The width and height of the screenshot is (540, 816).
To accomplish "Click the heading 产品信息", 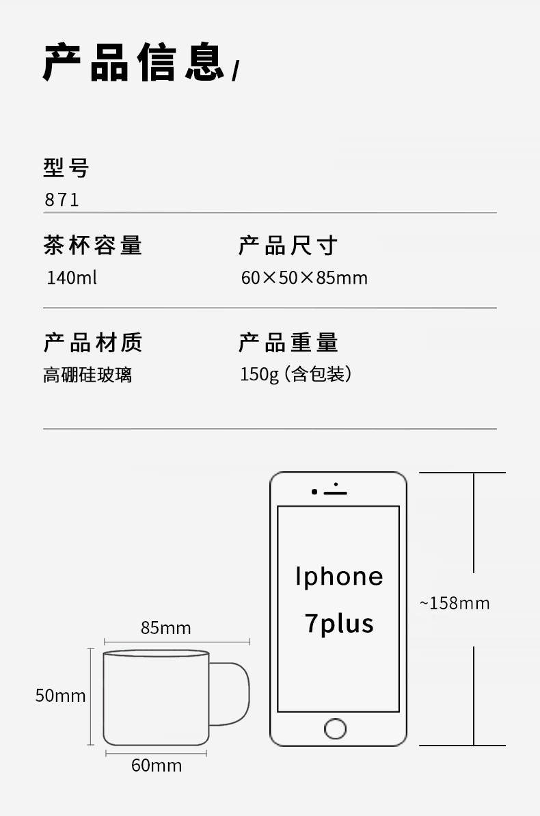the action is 134,63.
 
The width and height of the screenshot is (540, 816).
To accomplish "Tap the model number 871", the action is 62,200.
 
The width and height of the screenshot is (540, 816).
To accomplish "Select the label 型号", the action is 66,168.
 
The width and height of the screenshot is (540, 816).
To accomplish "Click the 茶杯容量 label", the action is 93,246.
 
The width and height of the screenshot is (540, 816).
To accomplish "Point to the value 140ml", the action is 72,278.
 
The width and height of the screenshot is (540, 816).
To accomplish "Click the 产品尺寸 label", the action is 288,246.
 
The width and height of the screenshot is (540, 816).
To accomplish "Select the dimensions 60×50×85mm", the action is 304,278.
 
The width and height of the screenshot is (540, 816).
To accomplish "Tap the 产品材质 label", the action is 93,343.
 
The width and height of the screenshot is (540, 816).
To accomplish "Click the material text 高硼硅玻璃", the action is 87,376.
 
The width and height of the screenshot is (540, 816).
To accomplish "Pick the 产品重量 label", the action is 288,343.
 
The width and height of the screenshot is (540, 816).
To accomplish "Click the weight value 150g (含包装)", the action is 295,375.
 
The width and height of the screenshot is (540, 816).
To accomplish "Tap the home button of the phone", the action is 335,728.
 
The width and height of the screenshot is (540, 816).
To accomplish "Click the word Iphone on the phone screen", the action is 339,577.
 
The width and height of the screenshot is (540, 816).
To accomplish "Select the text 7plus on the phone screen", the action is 339,624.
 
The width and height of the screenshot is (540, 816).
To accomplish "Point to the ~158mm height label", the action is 455,603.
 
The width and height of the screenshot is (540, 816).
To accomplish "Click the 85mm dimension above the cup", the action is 166,628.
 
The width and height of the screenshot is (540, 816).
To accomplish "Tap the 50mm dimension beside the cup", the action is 61,696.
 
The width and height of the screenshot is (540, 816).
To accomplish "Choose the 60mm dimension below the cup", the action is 157,765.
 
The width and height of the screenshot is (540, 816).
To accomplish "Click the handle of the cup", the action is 236,694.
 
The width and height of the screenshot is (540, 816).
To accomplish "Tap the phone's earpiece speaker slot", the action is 336,492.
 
